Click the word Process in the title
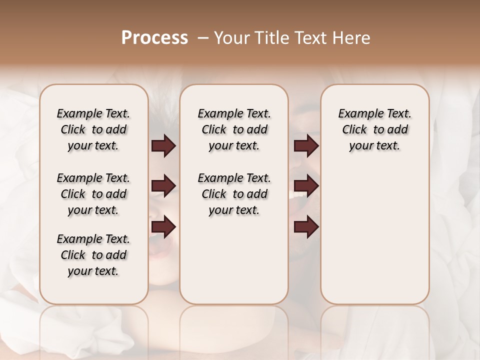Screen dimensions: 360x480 point(154,38)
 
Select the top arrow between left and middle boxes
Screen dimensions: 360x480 point(163,146)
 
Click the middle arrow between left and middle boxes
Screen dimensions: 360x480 point(163,186)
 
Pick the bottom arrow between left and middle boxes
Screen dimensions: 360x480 point(163,227)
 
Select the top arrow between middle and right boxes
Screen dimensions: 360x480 point(306,146)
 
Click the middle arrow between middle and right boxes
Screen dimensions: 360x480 point(306,186)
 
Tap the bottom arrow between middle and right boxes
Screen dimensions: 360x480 point(306,227)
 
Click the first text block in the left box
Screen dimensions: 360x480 point(93,129)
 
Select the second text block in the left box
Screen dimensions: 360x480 point(93,194)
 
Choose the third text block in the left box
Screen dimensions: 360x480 point(93,255)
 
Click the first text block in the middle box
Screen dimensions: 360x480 point(234,129)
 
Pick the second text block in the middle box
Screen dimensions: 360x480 point(234,194)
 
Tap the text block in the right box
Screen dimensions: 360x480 point(374,129)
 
